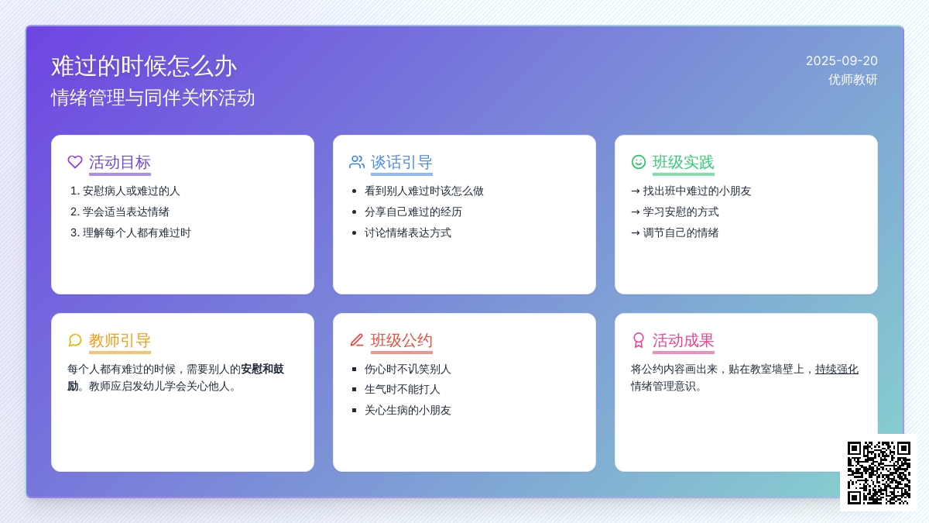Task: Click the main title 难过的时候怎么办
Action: tap(143, 67)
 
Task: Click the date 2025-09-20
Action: tap(842, 61)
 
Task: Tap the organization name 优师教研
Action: tap(852, 80)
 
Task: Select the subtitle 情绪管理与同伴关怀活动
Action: tap(153, 98)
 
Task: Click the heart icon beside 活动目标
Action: tap(75, 162)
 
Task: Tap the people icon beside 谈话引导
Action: tap(357, 162)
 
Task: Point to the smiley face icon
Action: tap(638, 162)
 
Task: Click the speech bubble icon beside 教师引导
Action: tap(75, 340)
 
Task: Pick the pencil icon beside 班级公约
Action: tap(357, 340)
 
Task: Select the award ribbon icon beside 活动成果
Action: tap(638, 340)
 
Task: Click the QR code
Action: tap(879, 473)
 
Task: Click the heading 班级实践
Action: tap(683, 162)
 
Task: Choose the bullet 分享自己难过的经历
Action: tap(413, 212)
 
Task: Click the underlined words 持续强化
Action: tap(837, 369)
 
